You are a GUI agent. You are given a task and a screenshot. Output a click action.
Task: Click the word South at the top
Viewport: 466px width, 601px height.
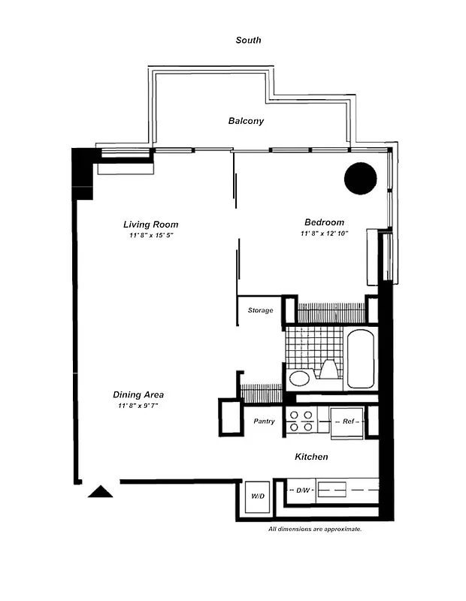click(248, 40)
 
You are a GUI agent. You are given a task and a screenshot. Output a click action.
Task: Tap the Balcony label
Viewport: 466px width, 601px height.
click(246, 120)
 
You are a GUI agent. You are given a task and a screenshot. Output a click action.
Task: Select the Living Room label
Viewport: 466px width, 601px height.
click(150, 224)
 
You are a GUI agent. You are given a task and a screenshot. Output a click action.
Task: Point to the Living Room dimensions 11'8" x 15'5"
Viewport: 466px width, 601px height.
click(150, 236)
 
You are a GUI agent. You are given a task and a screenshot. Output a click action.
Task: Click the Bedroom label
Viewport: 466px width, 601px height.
click(324, 222)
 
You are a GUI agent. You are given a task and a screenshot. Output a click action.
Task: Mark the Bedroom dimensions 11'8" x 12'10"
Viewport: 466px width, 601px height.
click(324, 234)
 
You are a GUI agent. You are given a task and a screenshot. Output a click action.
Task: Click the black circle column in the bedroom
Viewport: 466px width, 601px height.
click(360, 178)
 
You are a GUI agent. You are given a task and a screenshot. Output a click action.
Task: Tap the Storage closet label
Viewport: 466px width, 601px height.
click(260, 310)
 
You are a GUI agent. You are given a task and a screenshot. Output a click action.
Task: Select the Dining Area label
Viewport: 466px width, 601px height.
click(138, 394)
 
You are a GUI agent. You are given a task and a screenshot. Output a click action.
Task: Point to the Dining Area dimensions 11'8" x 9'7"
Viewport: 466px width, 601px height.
click(138, 406)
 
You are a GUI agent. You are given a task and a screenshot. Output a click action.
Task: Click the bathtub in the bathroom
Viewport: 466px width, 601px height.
click(361, 358)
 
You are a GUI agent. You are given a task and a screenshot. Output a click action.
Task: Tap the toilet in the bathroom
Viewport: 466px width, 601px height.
click(329, 369)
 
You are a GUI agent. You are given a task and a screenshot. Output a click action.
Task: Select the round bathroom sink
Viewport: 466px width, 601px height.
click(299, 377)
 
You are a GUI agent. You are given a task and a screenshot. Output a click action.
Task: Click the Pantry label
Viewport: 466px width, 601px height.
click(263, 421)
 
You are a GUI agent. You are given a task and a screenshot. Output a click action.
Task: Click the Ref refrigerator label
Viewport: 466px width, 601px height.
click(348, 421)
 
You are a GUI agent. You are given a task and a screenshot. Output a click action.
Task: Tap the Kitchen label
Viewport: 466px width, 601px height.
click(311, 456)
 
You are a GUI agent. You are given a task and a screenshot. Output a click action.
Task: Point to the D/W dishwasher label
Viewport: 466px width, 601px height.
click(303, 491)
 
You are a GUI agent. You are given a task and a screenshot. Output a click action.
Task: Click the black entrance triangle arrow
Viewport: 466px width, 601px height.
click(101, 491)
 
